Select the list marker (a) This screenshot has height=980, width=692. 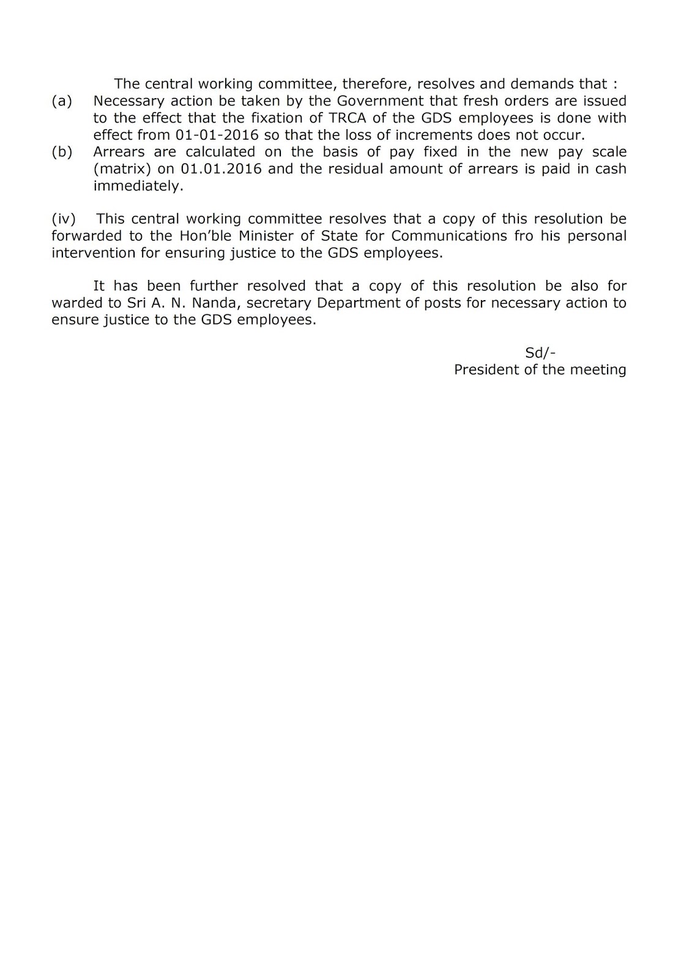(62, 100)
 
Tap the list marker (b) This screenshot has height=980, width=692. (62, 152)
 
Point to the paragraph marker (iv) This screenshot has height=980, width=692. (64, 219)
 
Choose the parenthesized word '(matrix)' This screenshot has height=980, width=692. (122, 169)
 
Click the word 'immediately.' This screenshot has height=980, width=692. (138, 186)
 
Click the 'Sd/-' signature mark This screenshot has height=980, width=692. (540, 353)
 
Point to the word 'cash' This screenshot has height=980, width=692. (611, 169)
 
